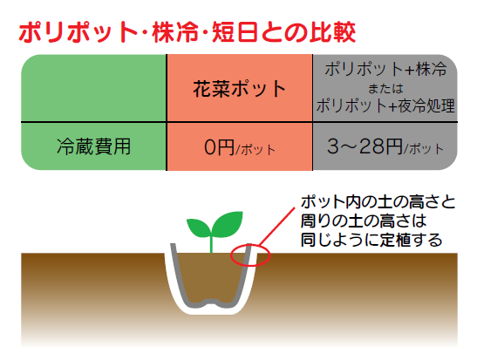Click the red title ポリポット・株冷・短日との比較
click(187, 32)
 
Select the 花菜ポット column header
click(240, 89)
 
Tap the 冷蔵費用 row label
click(93, 146)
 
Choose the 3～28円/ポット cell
click(385, 146)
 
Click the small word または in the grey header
click(385, 89)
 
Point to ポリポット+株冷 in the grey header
click(385, 69)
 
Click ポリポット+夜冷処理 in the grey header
click(385, 105)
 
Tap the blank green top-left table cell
click(93, 88)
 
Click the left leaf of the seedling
click(199, 228)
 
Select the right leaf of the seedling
click(228, 223)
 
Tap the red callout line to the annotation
click(276, 227)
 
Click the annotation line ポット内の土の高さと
click(378, 202)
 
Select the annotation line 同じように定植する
click(371, 240)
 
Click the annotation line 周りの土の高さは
click(364, 221)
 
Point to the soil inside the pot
click(211, 275)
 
